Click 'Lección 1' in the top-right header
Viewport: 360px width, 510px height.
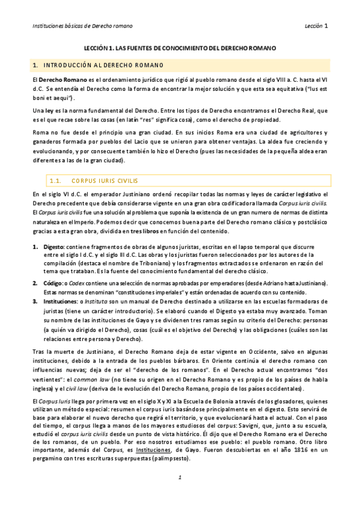click(x=316, y=26)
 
